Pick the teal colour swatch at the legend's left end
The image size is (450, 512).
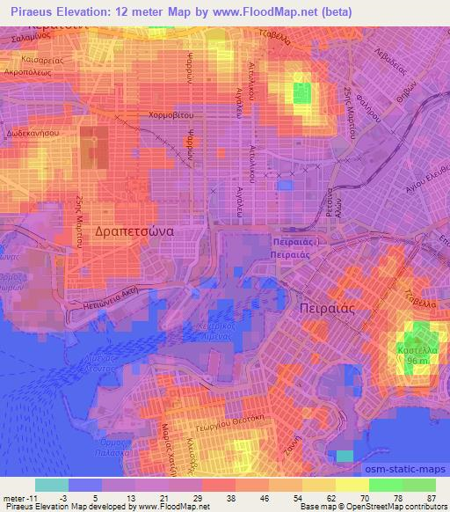point(52,485)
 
